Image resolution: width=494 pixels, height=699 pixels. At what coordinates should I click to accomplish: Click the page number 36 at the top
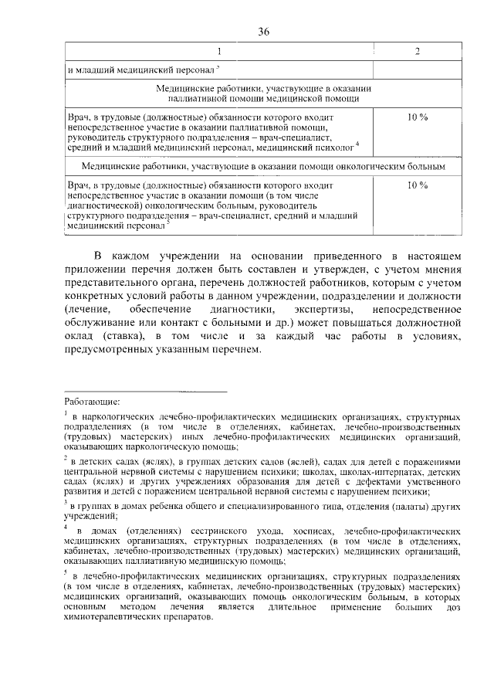click(x=263, y=32)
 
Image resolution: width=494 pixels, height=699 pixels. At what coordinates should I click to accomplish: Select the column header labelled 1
click(x=218, y=52)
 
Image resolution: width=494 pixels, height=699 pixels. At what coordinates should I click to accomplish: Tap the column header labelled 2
click(x=418, y=52)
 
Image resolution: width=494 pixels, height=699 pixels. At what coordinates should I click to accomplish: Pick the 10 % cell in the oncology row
click(x=418, y=185)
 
